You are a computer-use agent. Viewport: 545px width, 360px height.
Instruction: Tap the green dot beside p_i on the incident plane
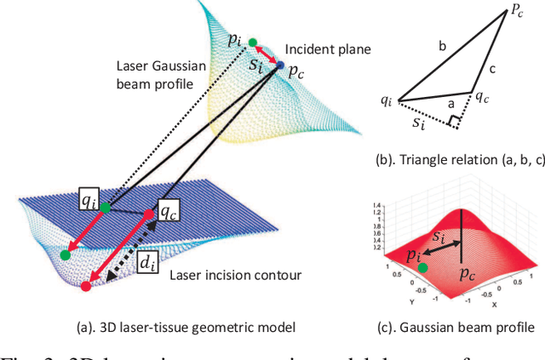252,42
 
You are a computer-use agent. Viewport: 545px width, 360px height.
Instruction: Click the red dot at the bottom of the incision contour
86,286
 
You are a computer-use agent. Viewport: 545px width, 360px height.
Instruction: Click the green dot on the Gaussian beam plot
422,268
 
